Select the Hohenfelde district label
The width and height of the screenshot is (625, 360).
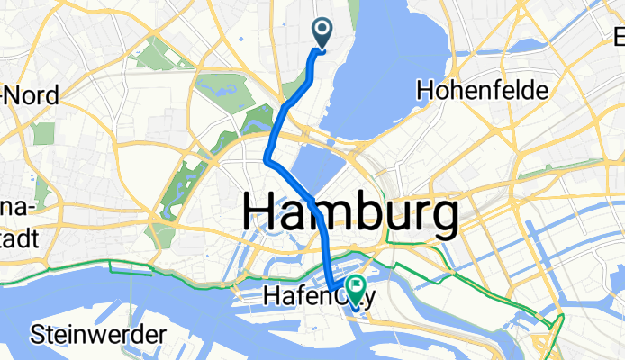481,91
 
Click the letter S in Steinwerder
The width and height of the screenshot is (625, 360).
38,335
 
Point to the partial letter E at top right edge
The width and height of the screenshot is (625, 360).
619,40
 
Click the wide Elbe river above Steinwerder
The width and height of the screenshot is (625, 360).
135,297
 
